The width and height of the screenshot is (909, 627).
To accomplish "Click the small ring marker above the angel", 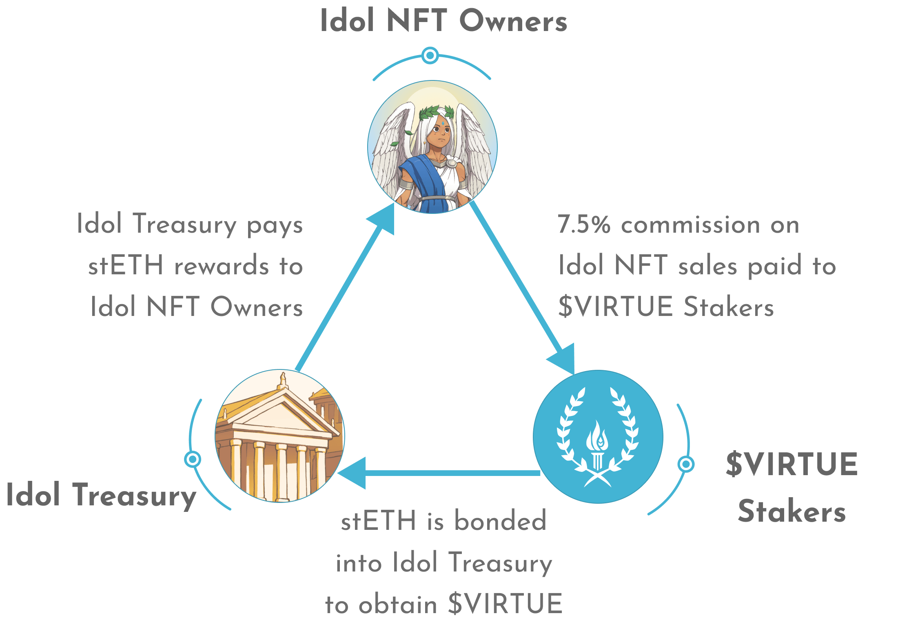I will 430,55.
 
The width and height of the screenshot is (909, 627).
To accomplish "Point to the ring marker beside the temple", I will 193,459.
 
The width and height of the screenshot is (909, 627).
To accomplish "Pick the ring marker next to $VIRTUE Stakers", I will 686,464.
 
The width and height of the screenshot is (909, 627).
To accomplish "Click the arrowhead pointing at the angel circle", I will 384,218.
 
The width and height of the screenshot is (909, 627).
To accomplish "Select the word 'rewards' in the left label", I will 222,266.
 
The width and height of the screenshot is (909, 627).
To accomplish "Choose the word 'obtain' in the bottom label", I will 398,605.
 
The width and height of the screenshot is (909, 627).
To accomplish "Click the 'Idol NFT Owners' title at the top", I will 444,20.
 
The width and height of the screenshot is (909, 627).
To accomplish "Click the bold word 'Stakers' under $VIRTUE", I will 791,510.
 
